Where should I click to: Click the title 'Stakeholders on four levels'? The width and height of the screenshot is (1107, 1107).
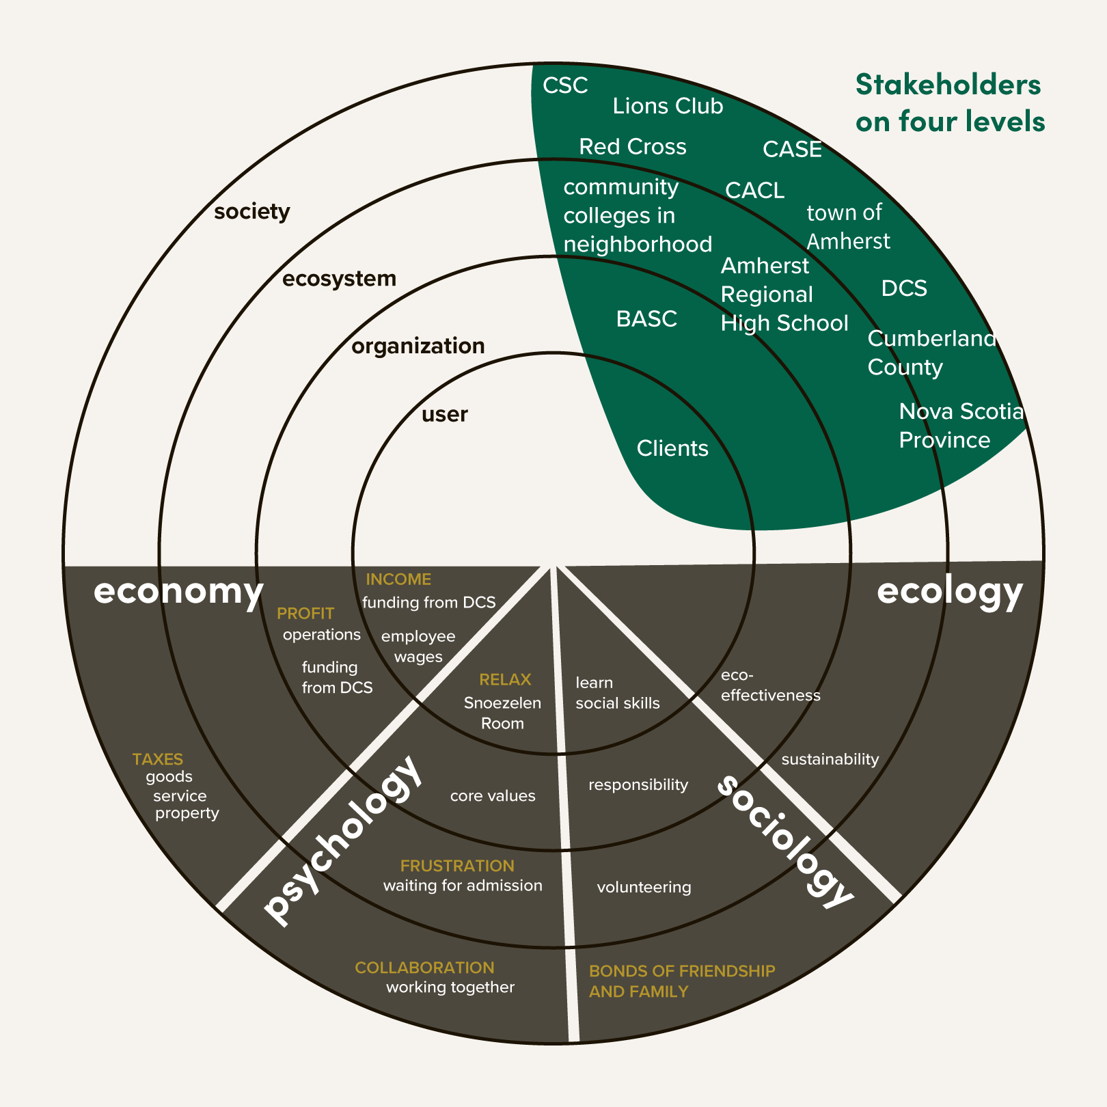point(950,102)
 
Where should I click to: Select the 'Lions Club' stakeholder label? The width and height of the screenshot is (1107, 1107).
point(668,106)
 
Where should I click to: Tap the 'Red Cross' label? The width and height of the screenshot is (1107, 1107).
point(632,147)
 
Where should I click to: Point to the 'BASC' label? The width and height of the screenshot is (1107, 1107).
point(646,319)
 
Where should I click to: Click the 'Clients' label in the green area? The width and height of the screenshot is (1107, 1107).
point(672,448)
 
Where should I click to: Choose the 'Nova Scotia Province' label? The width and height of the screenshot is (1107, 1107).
point(961,425)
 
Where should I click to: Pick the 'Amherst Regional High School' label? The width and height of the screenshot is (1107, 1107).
point(784,295)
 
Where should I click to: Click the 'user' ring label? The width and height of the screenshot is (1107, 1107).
point(444,414)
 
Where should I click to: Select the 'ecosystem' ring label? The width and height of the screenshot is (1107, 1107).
point(339,279)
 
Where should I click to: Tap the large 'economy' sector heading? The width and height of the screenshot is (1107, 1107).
point(178,591)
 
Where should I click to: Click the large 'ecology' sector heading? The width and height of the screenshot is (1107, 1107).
point(950,591)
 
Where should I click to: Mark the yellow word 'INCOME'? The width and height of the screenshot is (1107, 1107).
point(398,579)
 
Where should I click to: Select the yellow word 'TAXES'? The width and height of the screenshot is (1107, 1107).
point(158,759)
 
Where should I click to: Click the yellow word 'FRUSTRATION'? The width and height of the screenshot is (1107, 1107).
point(457,866)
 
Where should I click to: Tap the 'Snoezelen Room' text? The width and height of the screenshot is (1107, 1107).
point(502,713)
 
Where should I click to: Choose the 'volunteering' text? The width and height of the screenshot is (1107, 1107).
point(644,887)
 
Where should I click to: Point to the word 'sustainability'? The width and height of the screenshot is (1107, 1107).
point(830,759)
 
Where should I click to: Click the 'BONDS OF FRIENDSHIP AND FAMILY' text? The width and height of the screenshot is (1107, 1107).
point(682,981)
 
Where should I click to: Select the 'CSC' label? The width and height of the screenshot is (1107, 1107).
point(565,85)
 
